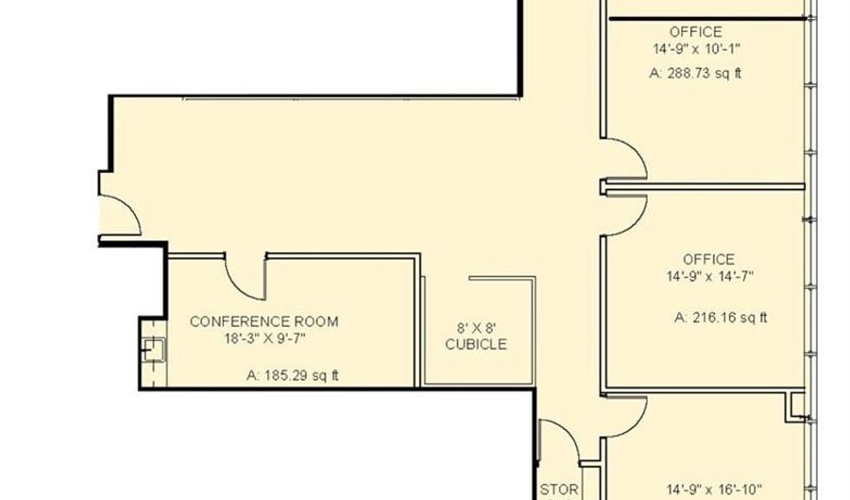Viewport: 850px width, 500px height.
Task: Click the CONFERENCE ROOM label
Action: (x=264, y=321)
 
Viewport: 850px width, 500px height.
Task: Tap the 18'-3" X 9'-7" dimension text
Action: (x=265, y=339)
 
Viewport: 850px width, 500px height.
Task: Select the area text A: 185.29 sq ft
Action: (x=293, y=375)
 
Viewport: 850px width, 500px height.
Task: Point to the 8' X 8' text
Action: (x=477, y=328)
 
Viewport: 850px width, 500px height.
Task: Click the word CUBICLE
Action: (x=476, y=344)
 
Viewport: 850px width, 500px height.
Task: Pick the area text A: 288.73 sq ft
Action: (x=695, y=73)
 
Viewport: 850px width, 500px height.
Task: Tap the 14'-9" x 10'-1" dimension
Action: (x=697, y=49)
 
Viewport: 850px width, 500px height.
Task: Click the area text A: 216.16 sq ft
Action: (x=721, y=318)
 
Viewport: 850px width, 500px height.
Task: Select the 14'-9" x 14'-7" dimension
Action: (x=710, y=277)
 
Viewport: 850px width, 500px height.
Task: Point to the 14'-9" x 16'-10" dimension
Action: (x=714, y=490)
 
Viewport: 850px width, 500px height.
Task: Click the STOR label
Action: (x=559, y=491)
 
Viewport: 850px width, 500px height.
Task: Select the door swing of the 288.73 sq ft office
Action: (x=635, y=149)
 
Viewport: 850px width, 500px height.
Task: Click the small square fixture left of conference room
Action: (x=154, y=350)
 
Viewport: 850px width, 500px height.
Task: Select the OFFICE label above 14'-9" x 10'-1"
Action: (x=695, y=32)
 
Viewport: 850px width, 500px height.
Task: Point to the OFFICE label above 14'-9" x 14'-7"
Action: (x=708, y=259)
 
